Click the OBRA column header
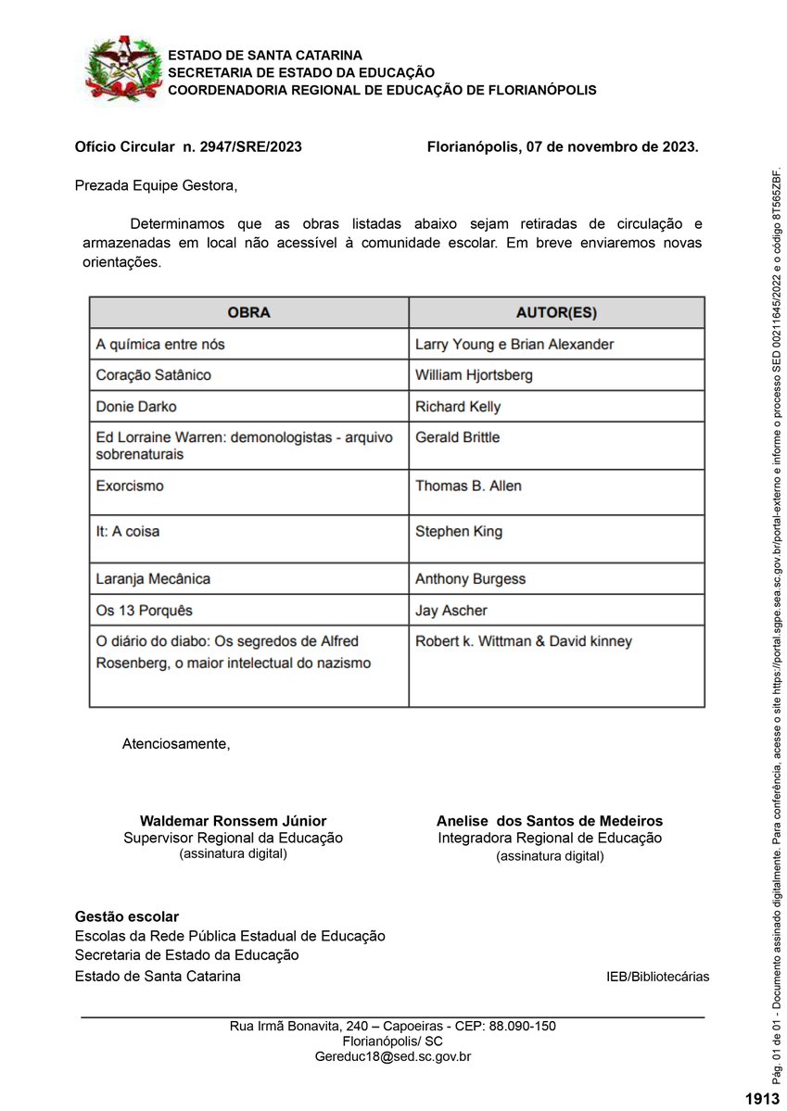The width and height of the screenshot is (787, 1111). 248,312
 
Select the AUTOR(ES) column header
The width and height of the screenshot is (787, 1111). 556,312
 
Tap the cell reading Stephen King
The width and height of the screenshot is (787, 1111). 459,532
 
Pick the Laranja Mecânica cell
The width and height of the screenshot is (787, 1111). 153,579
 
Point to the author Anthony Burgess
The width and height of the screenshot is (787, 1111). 470,579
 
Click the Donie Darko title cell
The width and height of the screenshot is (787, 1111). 136,407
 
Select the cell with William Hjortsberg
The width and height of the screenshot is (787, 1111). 474,375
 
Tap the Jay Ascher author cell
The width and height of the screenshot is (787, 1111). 451,611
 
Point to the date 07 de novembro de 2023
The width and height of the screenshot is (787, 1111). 612,146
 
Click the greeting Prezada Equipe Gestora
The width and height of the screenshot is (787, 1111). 156,185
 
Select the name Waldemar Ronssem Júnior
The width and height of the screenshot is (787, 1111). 233,821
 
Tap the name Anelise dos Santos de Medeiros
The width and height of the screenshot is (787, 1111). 550,821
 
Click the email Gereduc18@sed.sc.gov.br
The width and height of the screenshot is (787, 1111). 393,1056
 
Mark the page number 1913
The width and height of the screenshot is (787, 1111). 762,1099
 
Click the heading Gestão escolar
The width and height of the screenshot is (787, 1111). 127,916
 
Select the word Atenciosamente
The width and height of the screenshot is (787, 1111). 176,743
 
